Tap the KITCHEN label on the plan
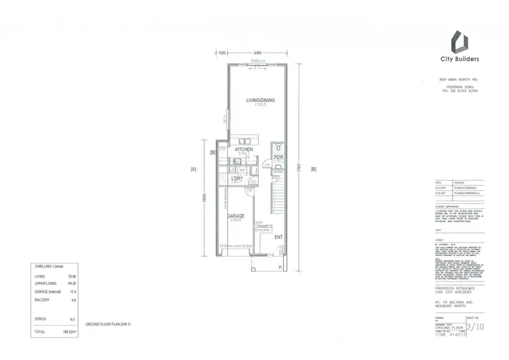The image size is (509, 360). click(244, 149)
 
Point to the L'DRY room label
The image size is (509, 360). click(237, 178)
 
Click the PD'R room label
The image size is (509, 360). click(278, 157)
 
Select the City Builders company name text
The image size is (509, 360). click(461, 59)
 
